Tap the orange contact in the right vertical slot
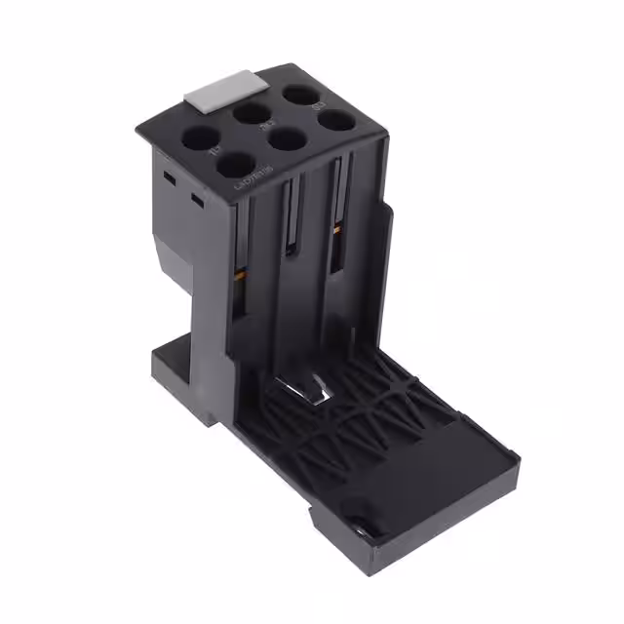click(336, 232)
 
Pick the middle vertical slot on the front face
click(290, 219)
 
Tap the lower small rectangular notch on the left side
click(197, 201)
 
